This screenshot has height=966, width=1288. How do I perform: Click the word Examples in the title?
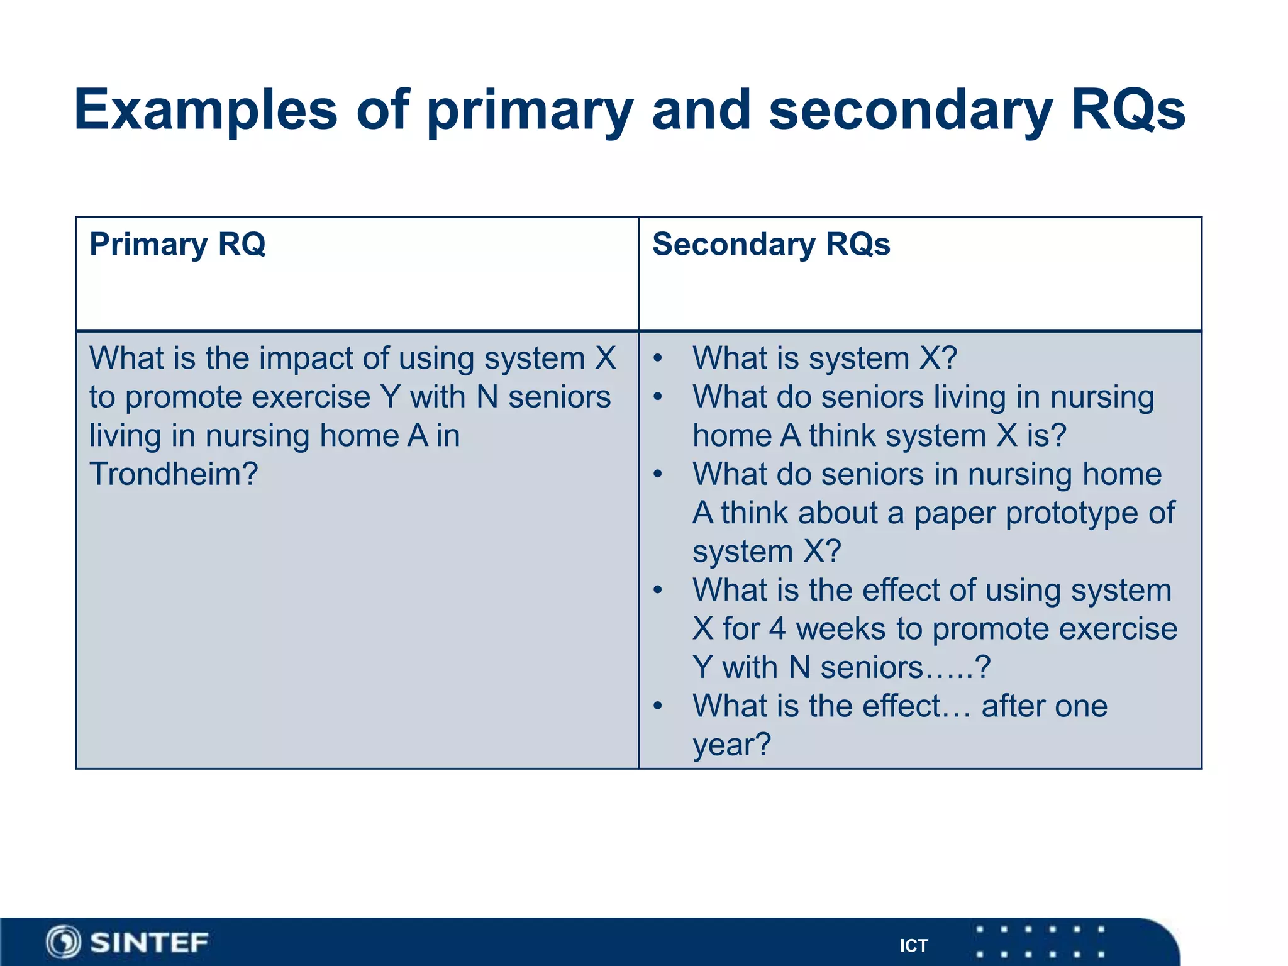point(206,111)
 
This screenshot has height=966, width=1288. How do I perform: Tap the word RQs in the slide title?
point(1128,111)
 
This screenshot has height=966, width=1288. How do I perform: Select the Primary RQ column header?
point(177,244)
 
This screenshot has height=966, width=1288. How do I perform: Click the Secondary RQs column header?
point(771,244)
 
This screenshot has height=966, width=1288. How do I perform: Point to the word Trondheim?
point(173,474)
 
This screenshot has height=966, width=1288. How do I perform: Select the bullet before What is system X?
point(658,358)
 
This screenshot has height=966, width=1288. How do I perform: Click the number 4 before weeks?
point(777,629)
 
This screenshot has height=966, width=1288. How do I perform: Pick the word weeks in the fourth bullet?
point(840,629)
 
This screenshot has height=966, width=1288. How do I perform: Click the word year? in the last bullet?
point(731,745)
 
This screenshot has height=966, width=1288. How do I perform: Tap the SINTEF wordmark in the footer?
point(149,943)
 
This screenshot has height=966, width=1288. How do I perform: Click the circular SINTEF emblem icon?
point(64,943)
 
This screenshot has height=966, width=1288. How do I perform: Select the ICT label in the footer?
point(913,946)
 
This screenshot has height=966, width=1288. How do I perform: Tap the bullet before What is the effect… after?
point(658,706)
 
